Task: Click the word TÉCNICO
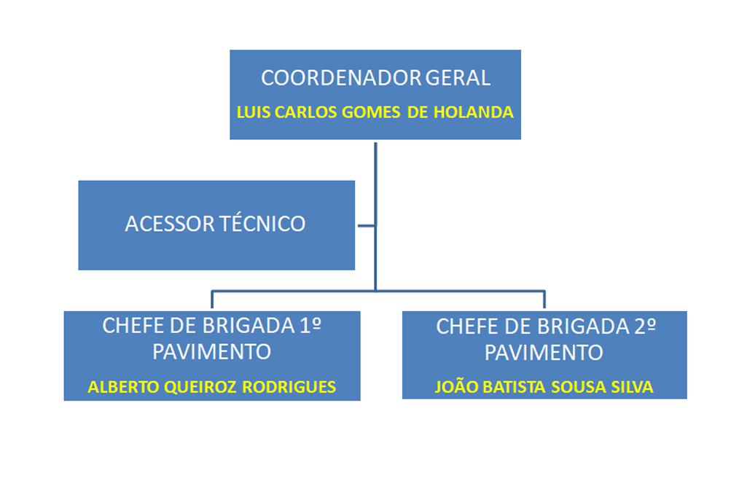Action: [x=262, y=224]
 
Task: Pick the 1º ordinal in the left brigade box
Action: [x=311, y=326]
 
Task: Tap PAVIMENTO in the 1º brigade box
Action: [x=211, y=352]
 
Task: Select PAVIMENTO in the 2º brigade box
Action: [x=544, y=353]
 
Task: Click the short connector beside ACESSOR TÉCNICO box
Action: [x=367, y=226]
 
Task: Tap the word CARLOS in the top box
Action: [x=305, y=113]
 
